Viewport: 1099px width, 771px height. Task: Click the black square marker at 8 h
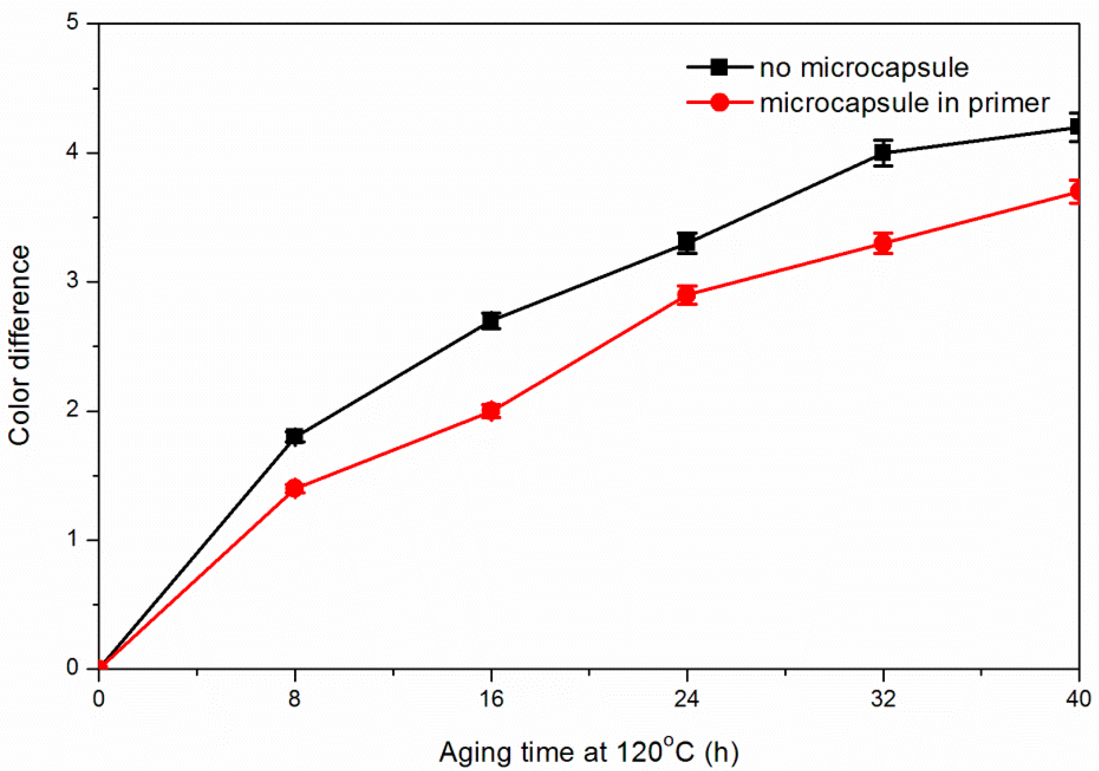[295, 437]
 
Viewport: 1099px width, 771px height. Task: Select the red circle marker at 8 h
[295, 488]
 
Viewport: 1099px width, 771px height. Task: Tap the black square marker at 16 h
[491, 321]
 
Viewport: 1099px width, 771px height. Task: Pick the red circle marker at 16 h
[491, 411]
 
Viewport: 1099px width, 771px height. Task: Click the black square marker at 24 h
[687, 243]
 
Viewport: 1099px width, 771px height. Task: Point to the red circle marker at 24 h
[687, 295]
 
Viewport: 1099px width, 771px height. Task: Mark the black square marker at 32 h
[883, 152]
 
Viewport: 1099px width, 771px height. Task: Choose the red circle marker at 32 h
[883, 243]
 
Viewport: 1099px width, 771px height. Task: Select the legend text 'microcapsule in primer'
[904, 103]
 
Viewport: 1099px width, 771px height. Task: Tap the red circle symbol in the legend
[720, 102]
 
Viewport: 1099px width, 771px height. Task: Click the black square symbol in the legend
[720, 68]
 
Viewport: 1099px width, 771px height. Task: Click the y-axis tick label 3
[72, 282]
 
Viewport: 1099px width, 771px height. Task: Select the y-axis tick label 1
[72, 540]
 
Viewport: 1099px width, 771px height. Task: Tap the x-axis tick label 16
[491, 699]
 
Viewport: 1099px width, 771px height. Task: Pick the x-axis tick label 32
[883, 699]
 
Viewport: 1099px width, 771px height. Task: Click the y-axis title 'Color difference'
[20, 346]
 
